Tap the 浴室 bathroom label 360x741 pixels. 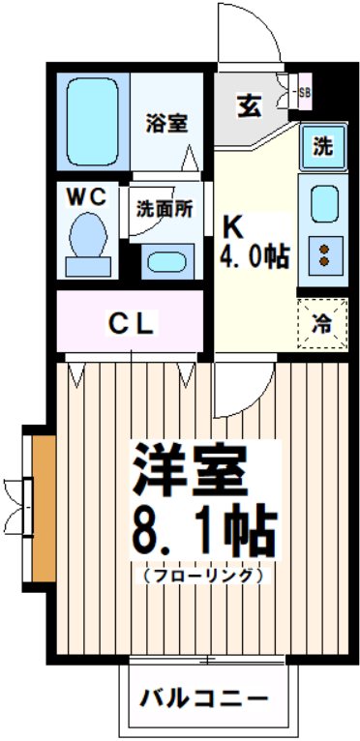[166, 123]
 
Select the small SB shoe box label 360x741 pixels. [303, 93]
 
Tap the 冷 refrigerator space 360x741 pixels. [320, 324]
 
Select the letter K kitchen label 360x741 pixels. [233, 227]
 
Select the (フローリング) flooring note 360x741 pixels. [204, 575]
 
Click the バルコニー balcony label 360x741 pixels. [204, 698]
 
